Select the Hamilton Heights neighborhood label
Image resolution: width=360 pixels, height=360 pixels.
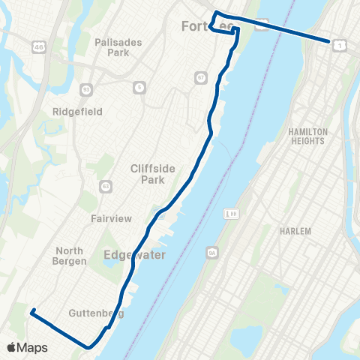point(307,136)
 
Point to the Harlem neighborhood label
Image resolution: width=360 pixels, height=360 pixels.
point(295,231)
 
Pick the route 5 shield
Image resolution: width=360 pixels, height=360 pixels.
point(139,88)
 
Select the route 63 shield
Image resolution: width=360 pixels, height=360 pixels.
point(106,185)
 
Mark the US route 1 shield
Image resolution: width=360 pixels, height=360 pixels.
point(341,46)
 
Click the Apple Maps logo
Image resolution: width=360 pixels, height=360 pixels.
point(26,347)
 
